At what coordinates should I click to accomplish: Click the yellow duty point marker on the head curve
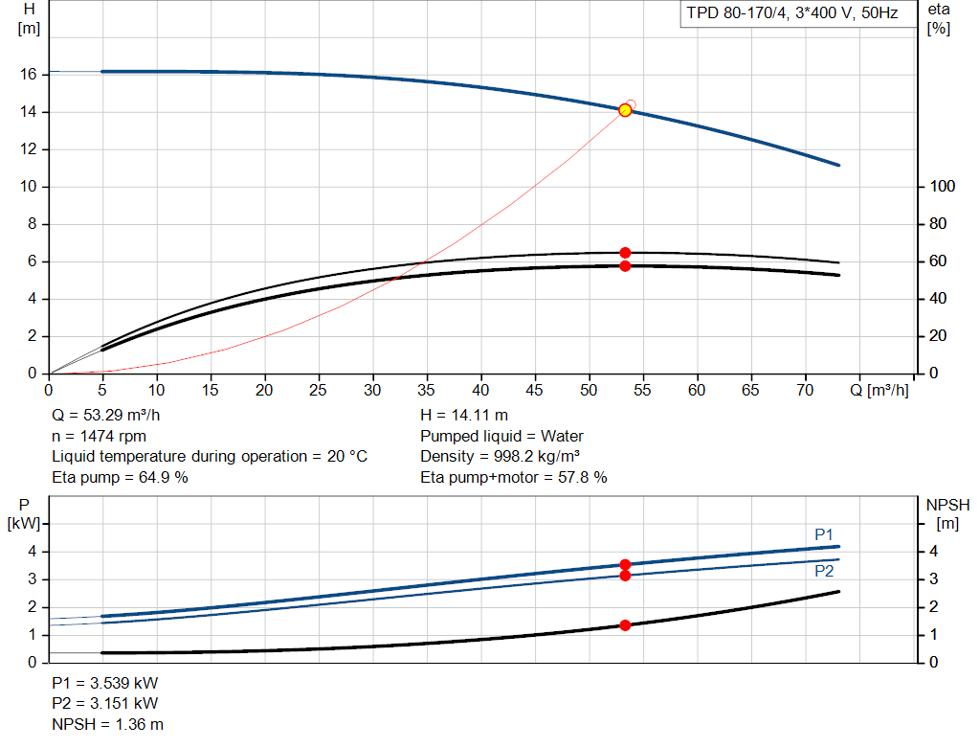[625, 110]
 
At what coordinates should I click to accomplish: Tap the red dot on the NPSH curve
[625, 625]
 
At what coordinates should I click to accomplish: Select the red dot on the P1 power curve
[625, 565]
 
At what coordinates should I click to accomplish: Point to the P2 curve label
[824, 571]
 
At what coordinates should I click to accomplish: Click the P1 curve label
[824, 534]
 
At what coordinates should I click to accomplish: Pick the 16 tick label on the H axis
[28, 75]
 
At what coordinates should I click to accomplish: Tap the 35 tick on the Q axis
[426, 390]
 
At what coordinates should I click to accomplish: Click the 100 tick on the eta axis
[943, 187]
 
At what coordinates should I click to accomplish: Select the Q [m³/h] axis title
[880, 390]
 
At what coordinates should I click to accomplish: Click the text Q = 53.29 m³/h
[106, 416]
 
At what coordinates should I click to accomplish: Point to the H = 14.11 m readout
[464, 416]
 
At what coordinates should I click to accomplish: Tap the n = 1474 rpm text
[100, 436]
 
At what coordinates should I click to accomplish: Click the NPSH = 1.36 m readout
[107, 724]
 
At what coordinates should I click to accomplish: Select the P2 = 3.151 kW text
[105, 704]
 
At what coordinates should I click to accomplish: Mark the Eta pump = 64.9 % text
[120, 477]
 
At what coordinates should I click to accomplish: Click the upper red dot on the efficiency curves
[625, 253]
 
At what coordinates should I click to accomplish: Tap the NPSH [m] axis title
[947, 514]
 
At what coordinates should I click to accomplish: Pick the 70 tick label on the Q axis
[805, 390]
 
